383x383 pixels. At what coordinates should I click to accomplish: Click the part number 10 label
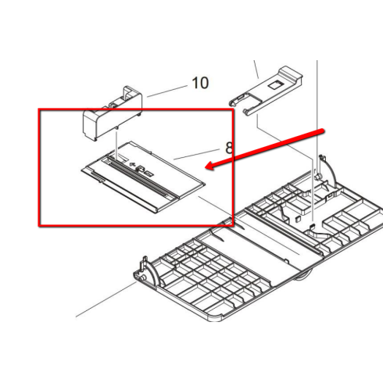tap(200, 83)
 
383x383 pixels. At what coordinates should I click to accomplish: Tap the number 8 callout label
tap(229, 148)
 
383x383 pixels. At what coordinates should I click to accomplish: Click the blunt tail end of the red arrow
tap(323, 131)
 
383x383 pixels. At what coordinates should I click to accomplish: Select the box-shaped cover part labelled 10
tap(113, 113)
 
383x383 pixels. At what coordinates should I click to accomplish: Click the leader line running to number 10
tap(167, 91)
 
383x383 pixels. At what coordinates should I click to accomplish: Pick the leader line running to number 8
tap(196, 154)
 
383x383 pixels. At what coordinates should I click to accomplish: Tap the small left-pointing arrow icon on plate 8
tap(132, 164)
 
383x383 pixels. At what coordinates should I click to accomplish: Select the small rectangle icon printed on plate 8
tap(149, 174)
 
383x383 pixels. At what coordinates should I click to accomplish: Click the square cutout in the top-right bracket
tap(275, 84)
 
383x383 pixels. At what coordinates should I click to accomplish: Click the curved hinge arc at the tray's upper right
tap(331, 170)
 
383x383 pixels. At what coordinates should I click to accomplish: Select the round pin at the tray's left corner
tap(141, 277)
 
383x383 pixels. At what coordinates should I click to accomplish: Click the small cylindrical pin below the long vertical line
tap(317, 177)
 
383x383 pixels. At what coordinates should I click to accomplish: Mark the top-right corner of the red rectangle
tap(232, 110)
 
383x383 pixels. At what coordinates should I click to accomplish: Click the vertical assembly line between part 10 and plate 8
tap(116, 143)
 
